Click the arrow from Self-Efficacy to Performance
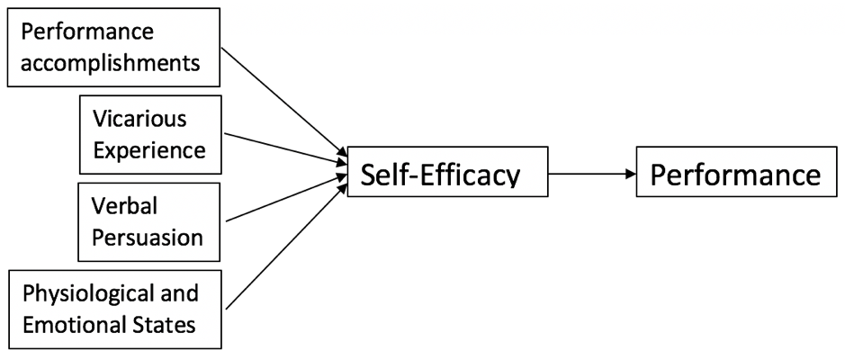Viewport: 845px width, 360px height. click(x=589, y=174)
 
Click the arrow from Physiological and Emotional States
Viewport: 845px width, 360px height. click(x=283, y=243)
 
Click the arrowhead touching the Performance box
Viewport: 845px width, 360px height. click(x=630, y=174)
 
